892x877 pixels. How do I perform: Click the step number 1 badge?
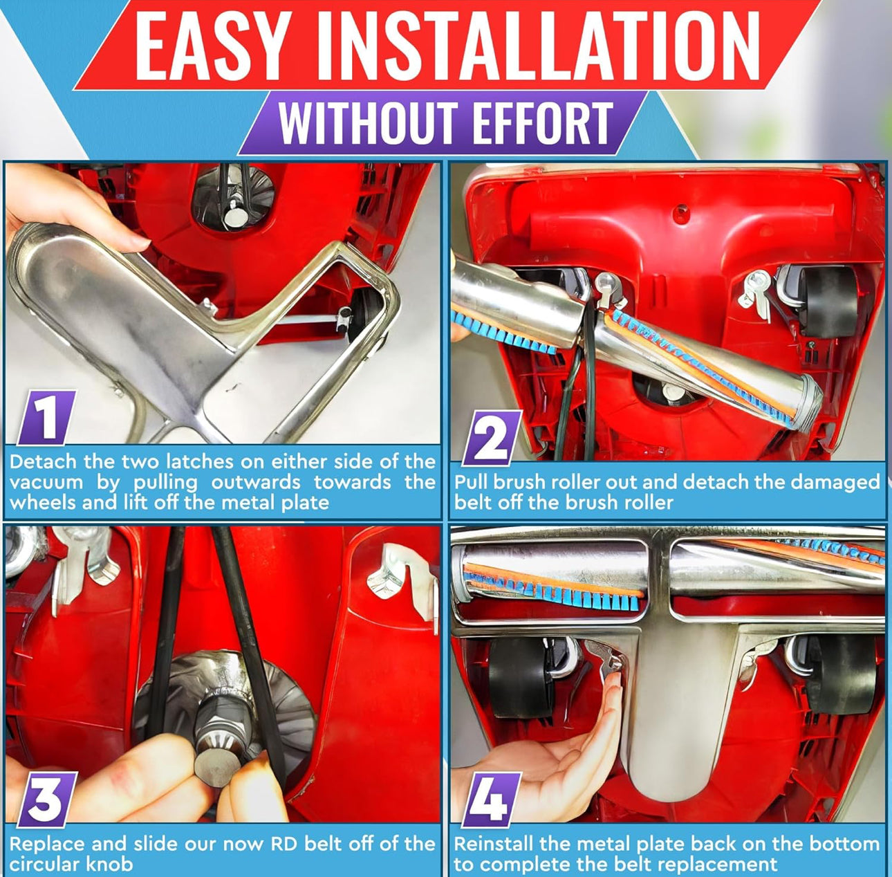(x=46, y=417)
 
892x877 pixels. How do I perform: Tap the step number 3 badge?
(x=45, y=799)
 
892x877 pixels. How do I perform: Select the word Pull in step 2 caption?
(x=470, y=482)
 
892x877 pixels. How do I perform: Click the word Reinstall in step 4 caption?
(x=493, y=844)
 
